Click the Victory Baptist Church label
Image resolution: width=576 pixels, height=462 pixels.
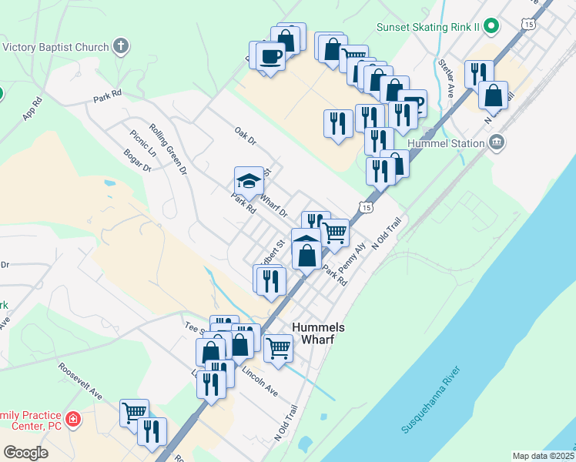click(x=55, y=47)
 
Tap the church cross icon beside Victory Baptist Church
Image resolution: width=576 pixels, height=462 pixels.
click(x=120, y=47)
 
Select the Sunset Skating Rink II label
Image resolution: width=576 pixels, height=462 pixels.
click(x=428, y=27)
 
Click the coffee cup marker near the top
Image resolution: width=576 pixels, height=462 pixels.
click(x=271, y=56)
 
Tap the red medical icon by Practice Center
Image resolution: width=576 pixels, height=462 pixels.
click(x=73, y=420)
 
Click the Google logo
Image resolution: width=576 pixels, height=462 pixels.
click(x=26, y=453)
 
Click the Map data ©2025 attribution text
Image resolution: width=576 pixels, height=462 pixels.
click(x=543, y=456)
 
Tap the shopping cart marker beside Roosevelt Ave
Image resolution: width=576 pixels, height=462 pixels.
click(x=134, y=412)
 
